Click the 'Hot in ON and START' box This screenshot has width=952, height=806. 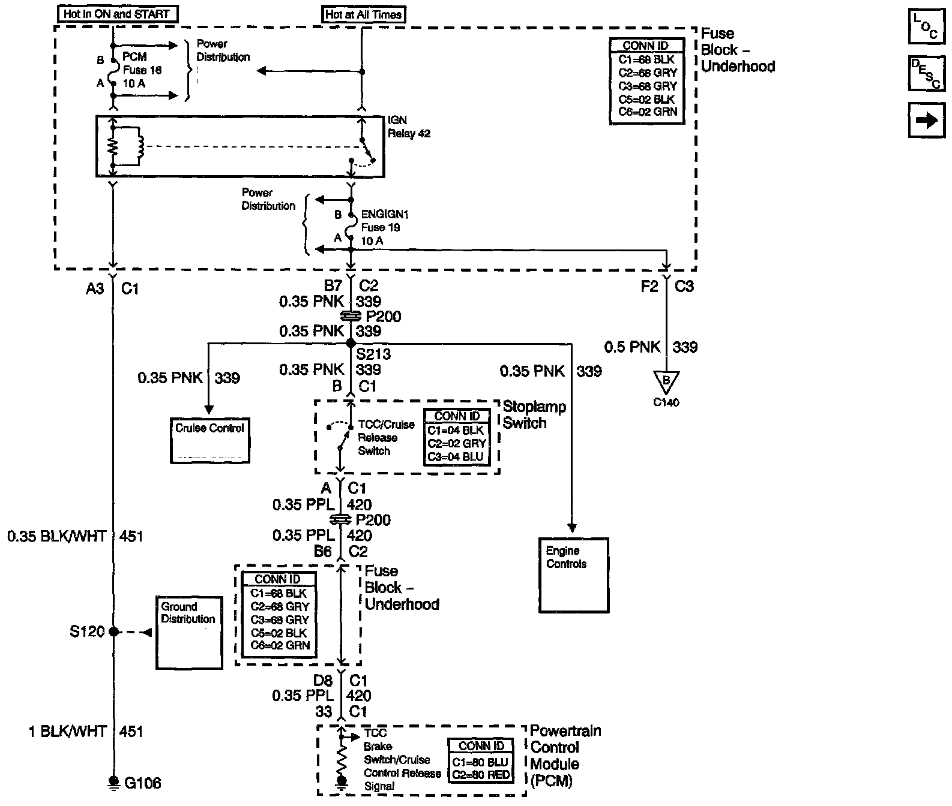coord(117,14)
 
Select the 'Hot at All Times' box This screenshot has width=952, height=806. coord(363,15)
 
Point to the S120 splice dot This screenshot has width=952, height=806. coord(113,631)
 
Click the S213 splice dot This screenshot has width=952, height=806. coord(351,343)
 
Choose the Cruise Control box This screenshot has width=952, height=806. coord(209,441)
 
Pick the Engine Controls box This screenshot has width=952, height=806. coord(574,575)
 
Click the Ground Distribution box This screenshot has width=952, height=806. coord(189,632)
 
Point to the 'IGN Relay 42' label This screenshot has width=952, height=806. coord(409,127)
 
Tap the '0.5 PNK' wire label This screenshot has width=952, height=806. coord(631,347)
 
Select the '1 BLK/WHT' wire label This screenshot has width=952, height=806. coord(67,731)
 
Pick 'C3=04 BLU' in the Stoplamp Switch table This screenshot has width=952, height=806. coord(456,456)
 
